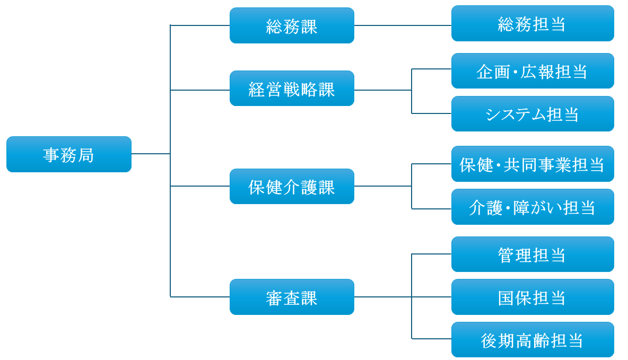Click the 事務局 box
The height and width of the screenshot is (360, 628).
pos(69,154)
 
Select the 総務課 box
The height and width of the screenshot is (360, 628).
pos(292,25)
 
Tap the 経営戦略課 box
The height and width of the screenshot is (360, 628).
pos(292,89)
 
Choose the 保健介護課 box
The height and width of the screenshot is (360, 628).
pos(292,186)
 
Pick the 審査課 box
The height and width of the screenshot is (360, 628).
pos(292,297)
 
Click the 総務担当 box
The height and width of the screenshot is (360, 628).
pos(533,23)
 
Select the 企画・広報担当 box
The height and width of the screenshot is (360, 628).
pos(533,71)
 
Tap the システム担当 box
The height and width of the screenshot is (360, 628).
pos(533,113)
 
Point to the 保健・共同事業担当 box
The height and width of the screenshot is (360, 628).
pos(533,164)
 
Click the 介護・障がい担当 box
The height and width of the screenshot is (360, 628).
pos(533,207)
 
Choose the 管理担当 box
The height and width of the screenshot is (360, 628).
pos(533,254)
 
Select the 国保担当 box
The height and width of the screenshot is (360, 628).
pos(533,297)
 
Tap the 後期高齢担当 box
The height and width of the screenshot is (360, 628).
pos(533,339)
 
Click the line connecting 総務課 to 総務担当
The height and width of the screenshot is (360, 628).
pos(403,25)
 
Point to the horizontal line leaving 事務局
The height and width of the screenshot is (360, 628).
pos(151,154)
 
